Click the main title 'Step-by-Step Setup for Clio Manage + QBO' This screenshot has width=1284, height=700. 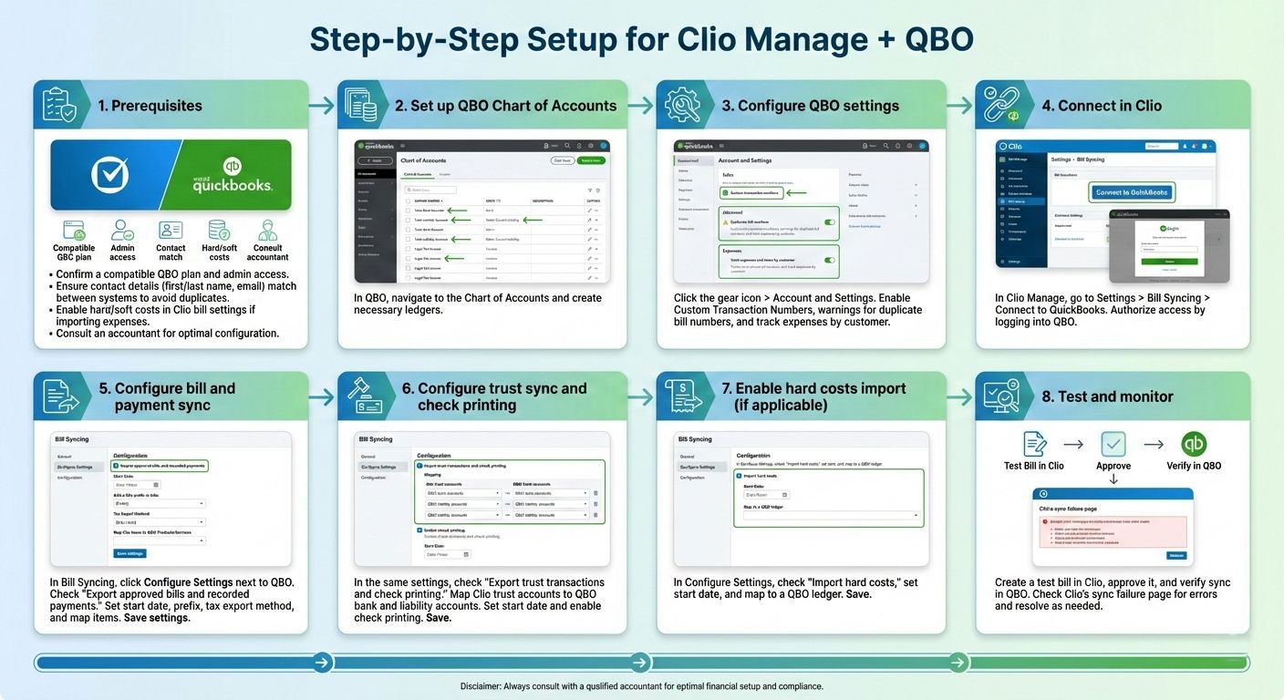pyautogui.click(x=641, y=39)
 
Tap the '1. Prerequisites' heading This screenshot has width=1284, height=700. pyautogui.click(x=150, y=106)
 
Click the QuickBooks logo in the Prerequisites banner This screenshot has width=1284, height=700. pyautogui.click(x=232, y=176)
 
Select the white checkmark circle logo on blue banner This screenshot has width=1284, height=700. pyautogui.click(x=110, y=175)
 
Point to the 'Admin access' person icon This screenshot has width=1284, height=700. pyautogui.click(x=122, y=230)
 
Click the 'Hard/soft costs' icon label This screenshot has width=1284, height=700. pyautogui.click(x=219, y=252)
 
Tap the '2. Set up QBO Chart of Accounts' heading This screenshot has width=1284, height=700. pyautogui.click(x=505, y=106)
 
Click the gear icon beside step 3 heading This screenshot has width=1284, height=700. pyautogui.click(x=683, y=105)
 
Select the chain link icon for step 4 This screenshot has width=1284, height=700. pyautogui.click(x=1001, y=105)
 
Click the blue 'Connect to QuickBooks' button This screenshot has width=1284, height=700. pyautogui.click(x=1133, y=192)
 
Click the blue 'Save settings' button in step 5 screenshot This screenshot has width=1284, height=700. pyautogui.click(x=129, y=553)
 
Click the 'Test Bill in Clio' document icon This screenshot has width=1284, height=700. pyautogui.click(x=1034, y=444)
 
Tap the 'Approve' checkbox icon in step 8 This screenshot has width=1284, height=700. pyautogui.click(x=1113, y=444)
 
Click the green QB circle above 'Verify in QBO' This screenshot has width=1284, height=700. pyautogui.click(x=1194, y=444)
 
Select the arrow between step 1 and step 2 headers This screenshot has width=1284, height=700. pyautogui.click(x=322, y=106)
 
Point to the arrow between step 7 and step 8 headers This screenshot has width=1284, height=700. pyautogui.click(x=959, y=396)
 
